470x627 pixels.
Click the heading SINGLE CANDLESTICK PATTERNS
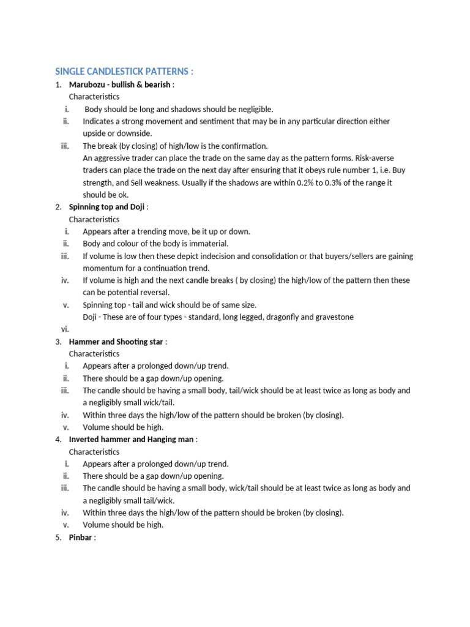(124, 72)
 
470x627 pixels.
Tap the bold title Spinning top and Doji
(106, 207)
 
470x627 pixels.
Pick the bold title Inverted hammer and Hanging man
(132, 440)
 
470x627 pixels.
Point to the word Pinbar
(80, 538)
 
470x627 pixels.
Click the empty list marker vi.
(65, 329)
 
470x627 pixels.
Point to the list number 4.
(58, 440)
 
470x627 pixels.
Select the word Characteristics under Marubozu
(94, 97)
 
